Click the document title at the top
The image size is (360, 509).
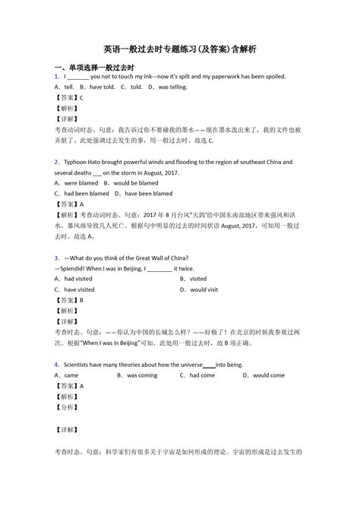pyautogui.click(x=180, y=49)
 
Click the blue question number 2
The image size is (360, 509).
pyautogui.click(x=57, y=163)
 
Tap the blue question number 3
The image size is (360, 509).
pyautogui.click(x=57, y=258)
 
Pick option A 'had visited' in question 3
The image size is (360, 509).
pyautogui.click(x=74, y=279)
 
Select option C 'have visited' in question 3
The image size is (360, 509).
pyautogui.click(x=74, y=289)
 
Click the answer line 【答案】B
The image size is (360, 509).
pyautogui.click(x=70, y=300)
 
